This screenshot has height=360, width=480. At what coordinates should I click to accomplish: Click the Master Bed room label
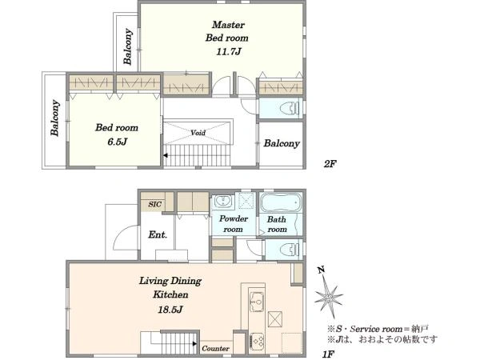pos(227,31)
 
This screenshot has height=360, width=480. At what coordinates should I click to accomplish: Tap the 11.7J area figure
pos(229,51)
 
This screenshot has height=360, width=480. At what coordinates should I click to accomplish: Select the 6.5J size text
pos(118,142)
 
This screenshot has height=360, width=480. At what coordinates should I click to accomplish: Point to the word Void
pos(198,133)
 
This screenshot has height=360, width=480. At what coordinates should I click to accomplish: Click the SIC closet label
pos(154,204)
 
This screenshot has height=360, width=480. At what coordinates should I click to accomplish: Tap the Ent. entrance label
pos(158,234)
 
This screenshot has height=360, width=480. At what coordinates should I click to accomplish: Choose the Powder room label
pos(234,224)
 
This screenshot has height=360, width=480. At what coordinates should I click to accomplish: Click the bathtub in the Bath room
pos(281,202)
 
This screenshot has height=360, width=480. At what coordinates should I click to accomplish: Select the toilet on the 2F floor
pos(290,108)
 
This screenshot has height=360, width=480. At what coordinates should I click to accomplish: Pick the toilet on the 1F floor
pos(290,249)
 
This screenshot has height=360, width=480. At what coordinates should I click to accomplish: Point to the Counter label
pos(215,348)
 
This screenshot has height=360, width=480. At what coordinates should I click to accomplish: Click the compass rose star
pos(329,298)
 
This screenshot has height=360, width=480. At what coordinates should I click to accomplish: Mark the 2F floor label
pos(330,164)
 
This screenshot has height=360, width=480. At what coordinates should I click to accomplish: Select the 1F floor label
pos(328,354)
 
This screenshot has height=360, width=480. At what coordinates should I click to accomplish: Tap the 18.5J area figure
pos(170,310)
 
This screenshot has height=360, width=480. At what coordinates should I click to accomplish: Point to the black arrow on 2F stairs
pos(166,155)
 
